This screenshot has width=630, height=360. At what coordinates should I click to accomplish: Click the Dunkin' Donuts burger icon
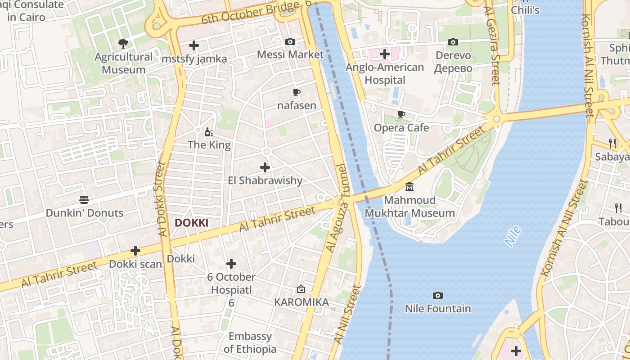point(84,199)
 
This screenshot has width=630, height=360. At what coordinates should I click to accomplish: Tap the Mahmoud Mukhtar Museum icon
point(409,186)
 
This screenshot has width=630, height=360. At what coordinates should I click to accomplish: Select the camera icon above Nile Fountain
point(437,295)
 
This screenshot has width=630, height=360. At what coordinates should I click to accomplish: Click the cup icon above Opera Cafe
point(401,114)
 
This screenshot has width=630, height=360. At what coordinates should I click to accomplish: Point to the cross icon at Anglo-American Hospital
point(384,54)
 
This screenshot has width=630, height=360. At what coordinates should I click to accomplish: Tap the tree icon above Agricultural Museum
point(123,44)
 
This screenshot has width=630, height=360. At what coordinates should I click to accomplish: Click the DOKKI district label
point(191,223)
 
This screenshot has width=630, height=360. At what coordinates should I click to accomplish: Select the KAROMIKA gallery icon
point(301,289)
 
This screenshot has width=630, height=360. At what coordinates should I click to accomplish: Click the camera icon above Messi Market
point(290,41)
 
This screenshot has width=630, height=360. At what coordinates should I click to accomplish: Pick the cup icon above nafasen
point(296,92)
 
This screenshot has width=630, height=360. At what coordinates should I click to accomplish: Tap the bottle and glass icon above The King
point(209,132)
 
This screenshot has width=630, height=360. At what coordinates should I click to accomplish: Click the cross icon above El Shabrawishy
point(265,167)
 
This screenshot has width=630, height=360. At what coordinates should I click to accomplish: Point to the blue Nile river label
point(513,236)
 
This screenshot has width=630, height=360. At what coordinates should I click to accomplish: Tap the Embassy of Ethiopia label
point(250,342)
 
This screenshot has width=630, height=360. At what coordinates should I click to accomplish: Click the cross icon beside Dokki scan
point(135,251)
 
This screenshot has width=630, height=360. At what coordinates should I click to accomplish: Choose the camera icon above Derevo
point(453,42)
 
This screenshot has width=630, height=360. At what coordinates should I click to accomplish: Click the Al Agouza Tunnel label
point(336,208)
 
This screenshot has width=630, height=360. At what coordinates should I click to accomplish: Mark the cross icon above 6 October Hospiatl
point(231,263)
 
